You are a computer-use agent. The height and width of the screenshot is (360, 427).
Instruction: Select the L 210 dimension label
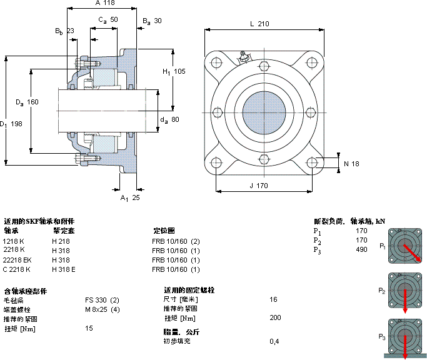click(x=259, y=24)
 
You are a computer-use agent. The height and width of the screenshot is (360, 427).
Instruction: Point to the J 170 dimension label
click(x=259, y=185)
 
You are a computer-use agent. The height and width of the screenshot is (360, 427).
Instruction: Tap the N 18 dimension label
click(x=352, y=164)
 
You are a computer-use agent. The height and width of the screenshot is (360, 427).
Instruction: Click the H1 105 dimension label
click(x=174, y=71)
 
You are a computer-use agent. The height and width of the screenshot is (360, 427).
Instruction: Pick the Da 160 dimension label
click(x=27, y=102)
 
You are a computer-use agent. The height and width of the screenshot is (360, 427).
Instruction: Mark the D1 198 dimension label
click(x=12, y=124)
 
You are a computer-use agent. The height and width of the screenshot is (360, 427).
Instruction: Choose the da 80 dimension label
click(x=169, y=119)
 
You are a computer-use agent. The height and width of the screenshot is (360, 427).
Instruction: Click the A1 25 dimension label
click(x=130, y=198)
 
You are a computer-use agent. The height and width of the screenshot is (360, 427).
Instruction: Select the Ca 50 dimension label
click(x=108, y=20)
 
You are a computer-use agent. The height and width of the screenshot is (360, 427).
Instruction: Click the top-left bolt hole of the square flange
click(x=216, y=63)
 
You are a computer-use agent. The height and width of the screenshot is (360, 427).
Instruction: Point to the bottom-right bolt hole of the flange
click(x=312, y=163)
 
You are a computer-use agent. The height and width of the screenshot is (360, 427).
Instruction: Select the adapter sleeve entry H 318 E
click(x=64, y=269)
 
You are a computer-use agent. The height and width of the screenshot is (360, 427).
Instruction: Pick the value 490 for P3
click(x=361, y=250)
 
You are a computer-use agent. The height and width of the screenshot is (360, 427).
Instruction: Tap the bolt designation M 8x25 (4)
click(x=103, y=310)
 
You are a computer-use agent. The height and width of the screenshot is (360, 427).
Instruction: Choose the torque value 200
click(x=275, y=318)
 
